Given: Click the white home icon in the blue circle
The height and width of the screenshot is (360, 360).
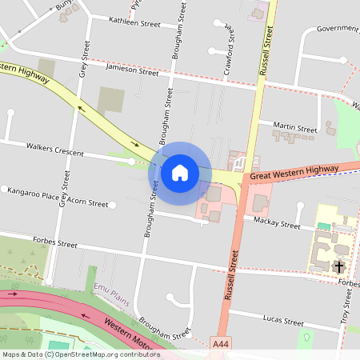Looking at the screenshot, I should (x=180, y=172).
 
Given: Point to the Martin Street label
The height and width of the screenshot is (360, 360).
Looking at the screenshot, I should (x=294, y=128).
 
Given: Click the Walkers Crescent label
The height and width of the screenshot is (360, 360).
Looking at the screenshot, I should (x=55, y=147).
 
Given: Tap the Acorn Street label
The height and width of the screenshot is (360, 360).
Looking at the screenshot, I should (x=87, y=203).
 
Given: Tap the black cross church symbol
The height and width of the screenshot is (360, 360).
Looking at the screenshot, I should (x=339, y=266).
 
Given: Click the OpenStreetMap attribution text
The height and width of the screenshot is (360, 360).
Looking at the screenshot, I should (x=80, y=354).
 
